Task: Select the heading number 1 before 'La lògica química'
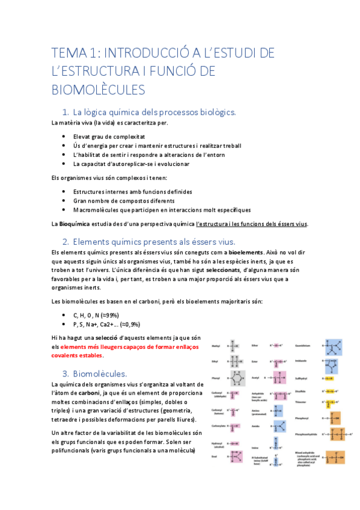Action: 65,112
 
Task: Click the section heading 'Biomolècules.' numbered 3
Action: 99,373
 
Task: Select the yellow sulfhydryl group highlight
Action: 329,379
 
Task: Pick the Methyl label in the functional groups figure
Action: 216,346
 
